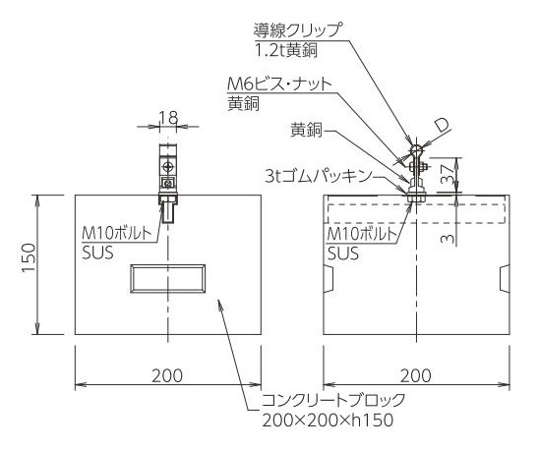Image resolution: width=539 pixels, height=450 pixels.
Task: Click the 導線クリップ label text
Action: [x=298, y=30]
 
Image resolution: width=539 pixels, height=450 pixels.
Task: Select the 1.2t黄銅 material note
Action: [x=286, y=50]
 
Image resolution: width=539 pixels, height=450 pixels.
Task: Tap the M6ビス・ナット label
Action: [x=279, y=84]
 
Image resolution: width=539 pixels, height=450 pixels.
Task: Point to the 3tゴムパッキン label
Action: [x=319, y=176]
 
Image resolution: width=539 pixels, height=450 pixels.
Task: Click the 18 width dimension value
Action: [x=168, y=118]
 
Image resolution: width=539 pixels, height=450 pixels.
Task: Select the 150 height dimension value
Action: [x=29, y=257]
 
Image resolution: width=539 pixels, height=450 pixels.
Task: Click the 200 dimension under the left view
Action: [x=167, y=375]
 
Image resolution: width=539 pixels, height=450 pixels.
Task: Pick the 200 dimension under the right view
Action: [x=416, y=375]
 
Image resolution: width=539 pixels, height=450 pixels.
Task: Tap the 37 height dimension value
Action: [x=447, y=174]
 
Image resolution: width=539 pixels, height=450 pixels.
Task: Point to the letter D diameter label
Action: [x=442, y=127]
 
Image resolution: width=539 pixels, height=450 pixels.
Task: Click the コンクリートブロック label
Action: [x=333, y=400]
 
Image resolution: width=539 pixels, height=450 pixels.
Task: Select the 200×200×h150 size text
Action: [x=328, y=420]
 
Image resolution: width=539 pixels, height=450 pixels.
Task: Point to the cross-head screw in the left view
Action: [x=168, y=168]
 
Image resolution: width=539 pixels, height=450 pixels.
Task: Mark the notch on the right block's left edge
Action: [x=329, y=279]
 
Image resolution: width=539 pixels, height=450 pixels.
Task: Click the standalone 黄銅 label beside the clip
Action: [x=306, y=131]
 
